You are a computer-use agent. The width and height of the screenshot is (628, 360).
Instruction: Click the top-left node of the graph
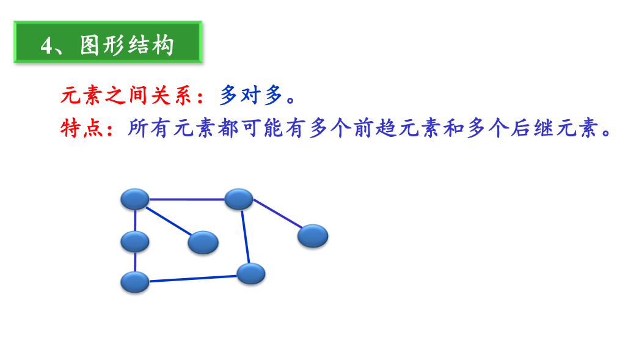[135, 199]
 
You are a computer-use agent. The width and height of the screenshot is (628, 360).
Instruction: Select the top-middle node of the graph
[239, 199]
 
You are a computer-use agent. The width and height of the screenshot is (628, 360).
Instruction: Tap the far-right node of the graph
[313, 236]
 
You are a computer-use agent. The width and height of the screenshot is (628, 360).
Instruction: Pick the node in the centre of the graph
[203, 243]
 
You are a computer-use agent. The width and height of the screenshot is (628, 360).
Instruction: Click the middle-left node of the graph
[135, 242]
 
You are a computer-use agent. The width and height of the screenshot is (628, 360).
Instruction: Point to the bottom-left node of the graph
[135, 282]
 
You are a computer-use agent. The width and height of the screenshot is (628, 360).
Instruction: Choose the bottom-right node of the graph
[250, 274]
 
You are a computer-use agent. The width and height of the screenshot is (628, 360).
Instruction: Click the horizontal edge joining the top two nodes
[187, 199]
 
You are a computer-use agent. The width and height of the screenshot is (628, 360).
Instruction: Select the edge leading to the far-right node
[277, 214]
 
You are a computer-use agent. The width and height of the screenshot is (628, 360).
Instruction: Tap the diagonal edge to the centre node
[169, 221]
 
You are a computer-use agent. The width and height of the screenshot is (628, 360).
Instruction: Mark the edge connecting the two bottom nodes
[192, 279]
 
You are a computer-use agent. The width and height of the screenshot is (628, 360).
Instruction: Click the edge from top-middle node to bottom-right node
[245, 237]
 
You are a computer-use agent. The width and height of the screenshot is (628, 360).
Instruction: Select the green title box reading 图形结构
[108, 42]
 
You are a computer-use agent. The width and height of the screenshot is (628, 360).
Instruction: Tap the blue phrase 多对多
[251, 95]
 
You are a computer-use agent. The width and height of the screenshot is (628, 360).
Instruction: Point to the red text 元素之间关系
[126, 95]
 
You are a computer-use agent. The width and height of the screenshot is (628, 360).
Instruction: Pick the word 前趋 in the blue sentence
[375, 128]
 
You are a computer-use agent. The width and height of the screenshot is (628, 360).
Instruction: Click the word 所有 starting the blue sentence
[148, 128]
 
